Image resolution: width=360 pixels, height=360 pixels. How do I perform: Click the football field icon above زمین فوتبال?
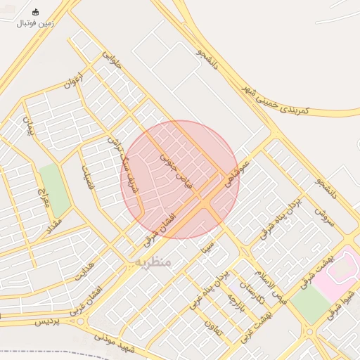(x=36, y=12)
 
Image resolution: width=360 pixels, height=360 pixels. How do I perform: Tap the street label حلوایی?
(x=112, y=60)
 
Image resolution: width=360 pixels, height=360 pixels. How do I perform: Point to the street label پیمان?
(x=28, y=127)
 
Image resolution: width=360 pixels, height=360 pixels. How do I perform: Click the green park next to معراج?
(x=55, y=190)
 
